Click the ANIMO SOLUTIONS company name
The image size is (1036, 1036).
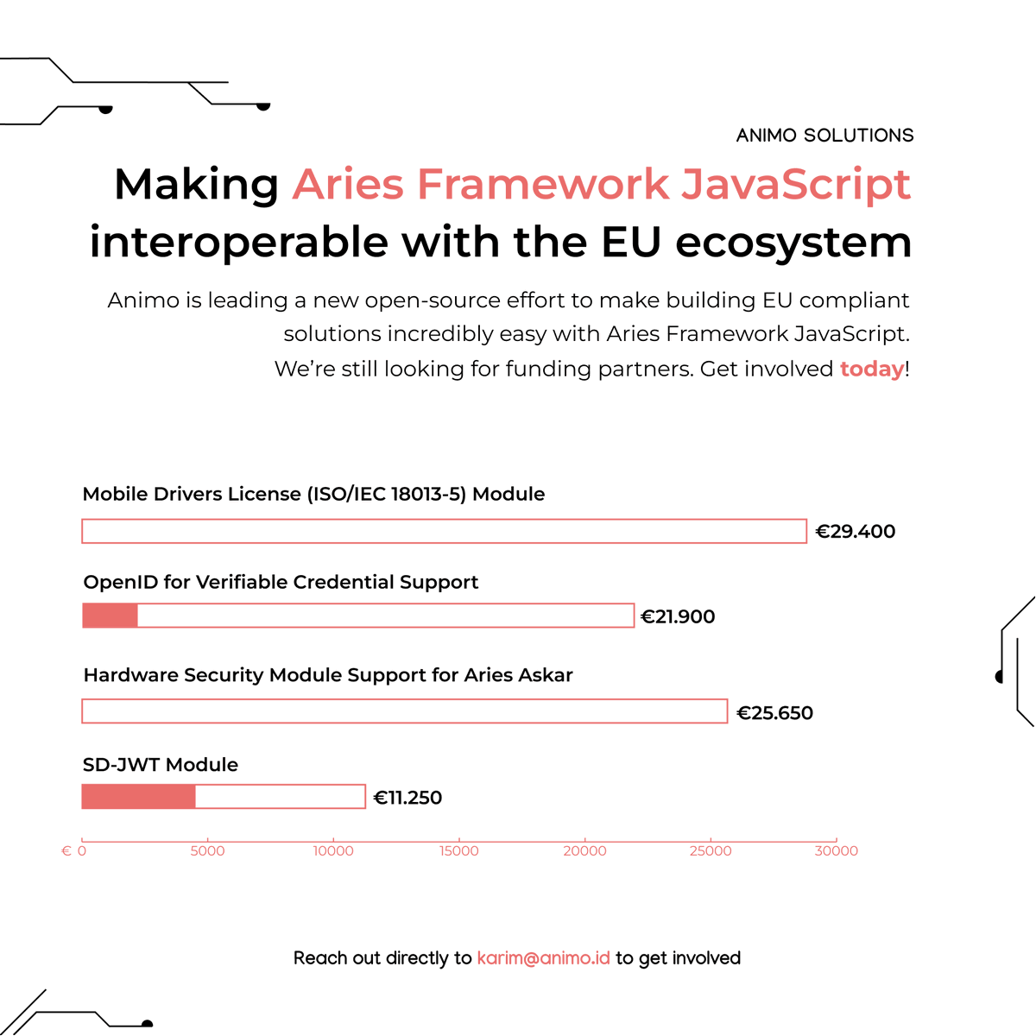click(824, 136)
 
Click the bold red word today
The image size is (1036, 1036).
click(872, 370)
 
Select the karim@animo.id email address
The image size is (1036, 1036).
click(543, 958)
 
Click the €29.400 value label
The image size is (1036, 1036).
click(856, 532)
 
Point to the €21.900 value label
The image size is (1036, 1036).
click(678, 616)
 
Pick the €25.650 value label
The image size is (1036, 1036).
click(774, 713)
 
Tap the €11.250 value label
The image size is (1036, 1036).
click(407, 798)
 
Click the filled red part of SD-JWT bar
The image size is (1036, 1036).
click(138, 797)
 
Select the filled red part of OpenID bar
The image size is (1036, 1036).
click(110, 616)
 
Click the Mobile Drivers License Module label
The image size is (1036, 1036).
click(313, 495)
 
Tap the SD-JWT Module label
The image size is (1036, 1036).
click(161, 765)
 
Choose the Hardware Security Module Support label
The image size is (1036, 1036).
click(328, 675)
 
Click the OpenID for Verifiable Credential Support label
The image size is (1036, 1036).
click(281, 583)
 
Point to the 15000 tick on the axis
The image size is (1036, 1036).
click(458, 851)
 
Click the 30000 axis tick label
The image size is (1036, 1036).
click(836, 851)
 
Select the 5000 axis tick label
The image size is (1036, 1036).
click(207, 851)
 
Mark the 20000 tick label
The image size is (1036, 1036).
click(584, 851)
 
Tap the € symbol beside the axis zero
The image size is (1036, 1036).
click(66, 851)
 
